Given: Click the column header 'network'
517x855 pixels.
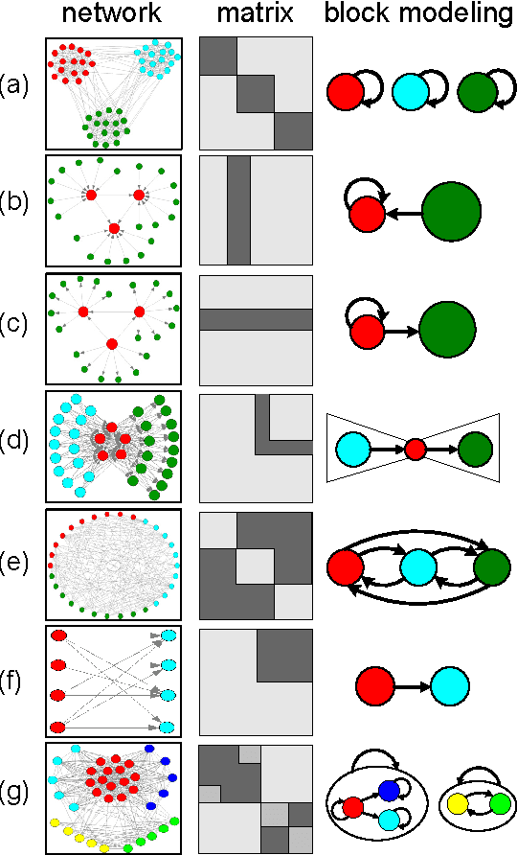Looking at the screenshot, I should click(x=113, y=15).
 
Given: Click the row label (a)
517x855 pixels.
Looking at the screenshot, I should click(x=16, y=87).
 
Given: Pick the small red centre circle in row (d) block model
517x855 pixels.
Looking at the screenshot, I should click(x=415, y=448).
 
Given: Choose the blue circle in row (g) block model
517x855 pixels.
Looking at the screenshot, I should click(x=387, y=791).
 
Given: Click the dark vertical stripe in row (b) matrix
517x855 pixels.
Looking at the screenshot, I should click(x=238, y=209).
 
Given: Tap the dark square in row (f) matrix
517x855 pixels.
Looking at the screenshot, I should click(x=284, y=657).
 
